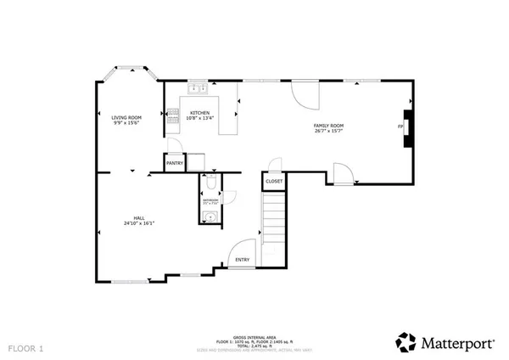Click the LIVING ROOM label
125,117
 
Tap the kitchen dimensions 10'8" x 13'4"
200,119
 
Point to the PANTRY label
175,163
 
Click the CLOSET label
274,181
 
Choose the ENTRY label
242,259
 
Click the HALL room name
138,217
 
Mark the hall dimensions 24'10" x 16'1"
138,223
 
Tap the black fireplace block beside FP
409,128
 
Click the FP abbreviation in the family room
400,128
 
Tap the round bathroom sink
208,217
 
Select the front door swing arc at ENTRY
238,251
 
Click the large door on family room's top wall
303,93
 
